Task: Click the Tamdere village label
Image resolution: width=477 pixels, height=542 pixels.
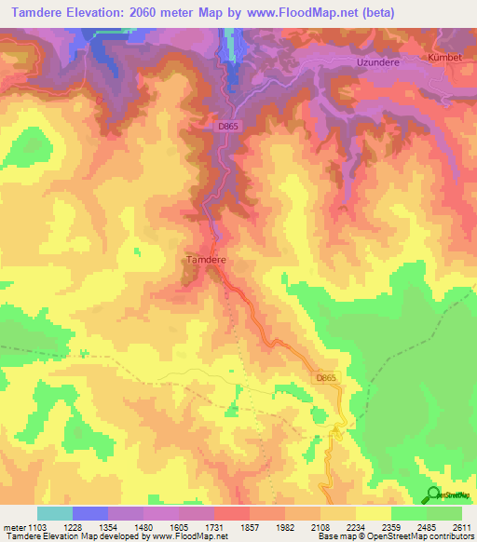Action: pyautogui.click(x=207, y=261)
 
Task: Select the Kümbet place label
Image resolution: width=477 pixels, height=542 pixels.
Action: pyautogui.click(x=445, y=58)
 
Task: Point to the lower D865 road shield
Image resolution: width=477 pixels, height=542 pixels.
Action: pyautogui.click(x=324, y=377)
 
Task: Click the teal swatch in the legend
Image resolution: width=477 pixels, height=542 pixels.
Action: pyautogui.click(x=54, y=513)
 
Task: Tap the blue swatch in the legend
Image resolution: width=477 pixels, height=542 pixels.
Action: pyautogui.click(x=89, y=513)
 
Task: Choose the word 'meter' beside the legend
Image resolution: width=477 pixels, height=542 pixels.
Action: pyautogui.click(x=13, y=527)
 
